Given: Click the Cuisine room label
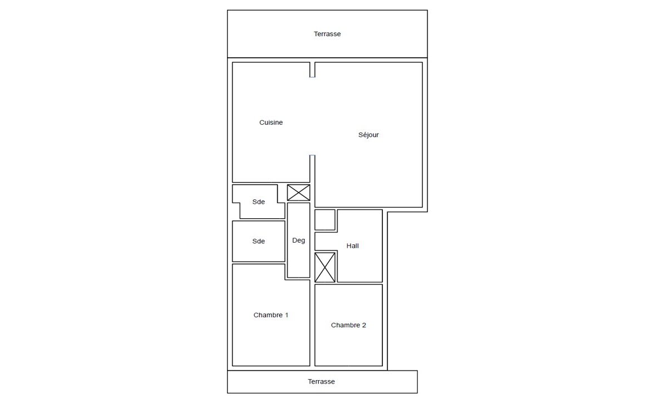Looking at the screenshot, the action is pyautogui.click(x=271, y=122).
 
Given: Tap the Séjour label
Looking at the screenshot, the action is pyautogui.click(x=368, y=135).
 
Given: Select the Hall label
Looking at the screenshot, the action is pyautogui.click(x=353, y=245).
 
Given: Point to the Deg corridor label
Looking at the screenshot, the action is pyautogui.click(x=298, y=240).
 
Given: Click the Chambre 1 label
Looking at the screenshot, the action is pyautogui.click(x=271, y=315).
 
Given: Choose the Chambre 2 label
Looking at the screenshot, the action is pyautogui.click(x=348, y=325).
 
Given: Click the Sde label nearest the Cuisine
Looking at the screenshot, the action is pyautogui.click(x=258, y=201).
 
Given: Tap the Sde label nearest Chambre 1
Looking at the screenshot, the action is pyautogui.click(x=258, y=241).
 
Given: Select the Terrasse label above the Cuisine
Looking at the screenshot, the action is pyautogui.click(x=327, y=33).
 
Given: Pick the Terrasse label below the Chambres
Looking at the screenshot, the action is pyautogui.click(x=321, y=381).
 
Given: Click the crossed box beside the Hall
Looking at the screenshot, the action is pyautogui.click(x=325, y=268).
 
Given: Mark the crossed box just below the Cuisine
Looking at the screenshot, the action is pyautogui.click(x=298, y=193).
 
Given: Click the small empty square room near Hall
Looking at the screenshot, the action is pyautogui.click(x=325, y=220).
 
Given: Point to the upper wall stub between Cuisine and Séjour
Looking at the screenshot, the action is pyautogui.click(x=312, y=70).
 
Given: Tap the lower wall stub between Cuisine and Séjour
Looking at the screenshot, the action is pyautogui.click(x=312, y=169).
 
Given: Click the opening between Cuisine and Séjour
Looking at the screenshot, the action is pyautogui.click(x=312, y=116).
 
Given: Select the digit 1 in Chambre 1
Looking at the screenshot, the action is pyautogui.click(x=286, y=315).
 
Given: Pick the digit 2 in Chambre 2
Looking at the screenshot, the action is pyautogui.click(x=364, y=325).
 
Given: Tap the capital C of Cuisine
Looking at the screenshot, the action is pyautogui.click(x=262, y=122).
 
